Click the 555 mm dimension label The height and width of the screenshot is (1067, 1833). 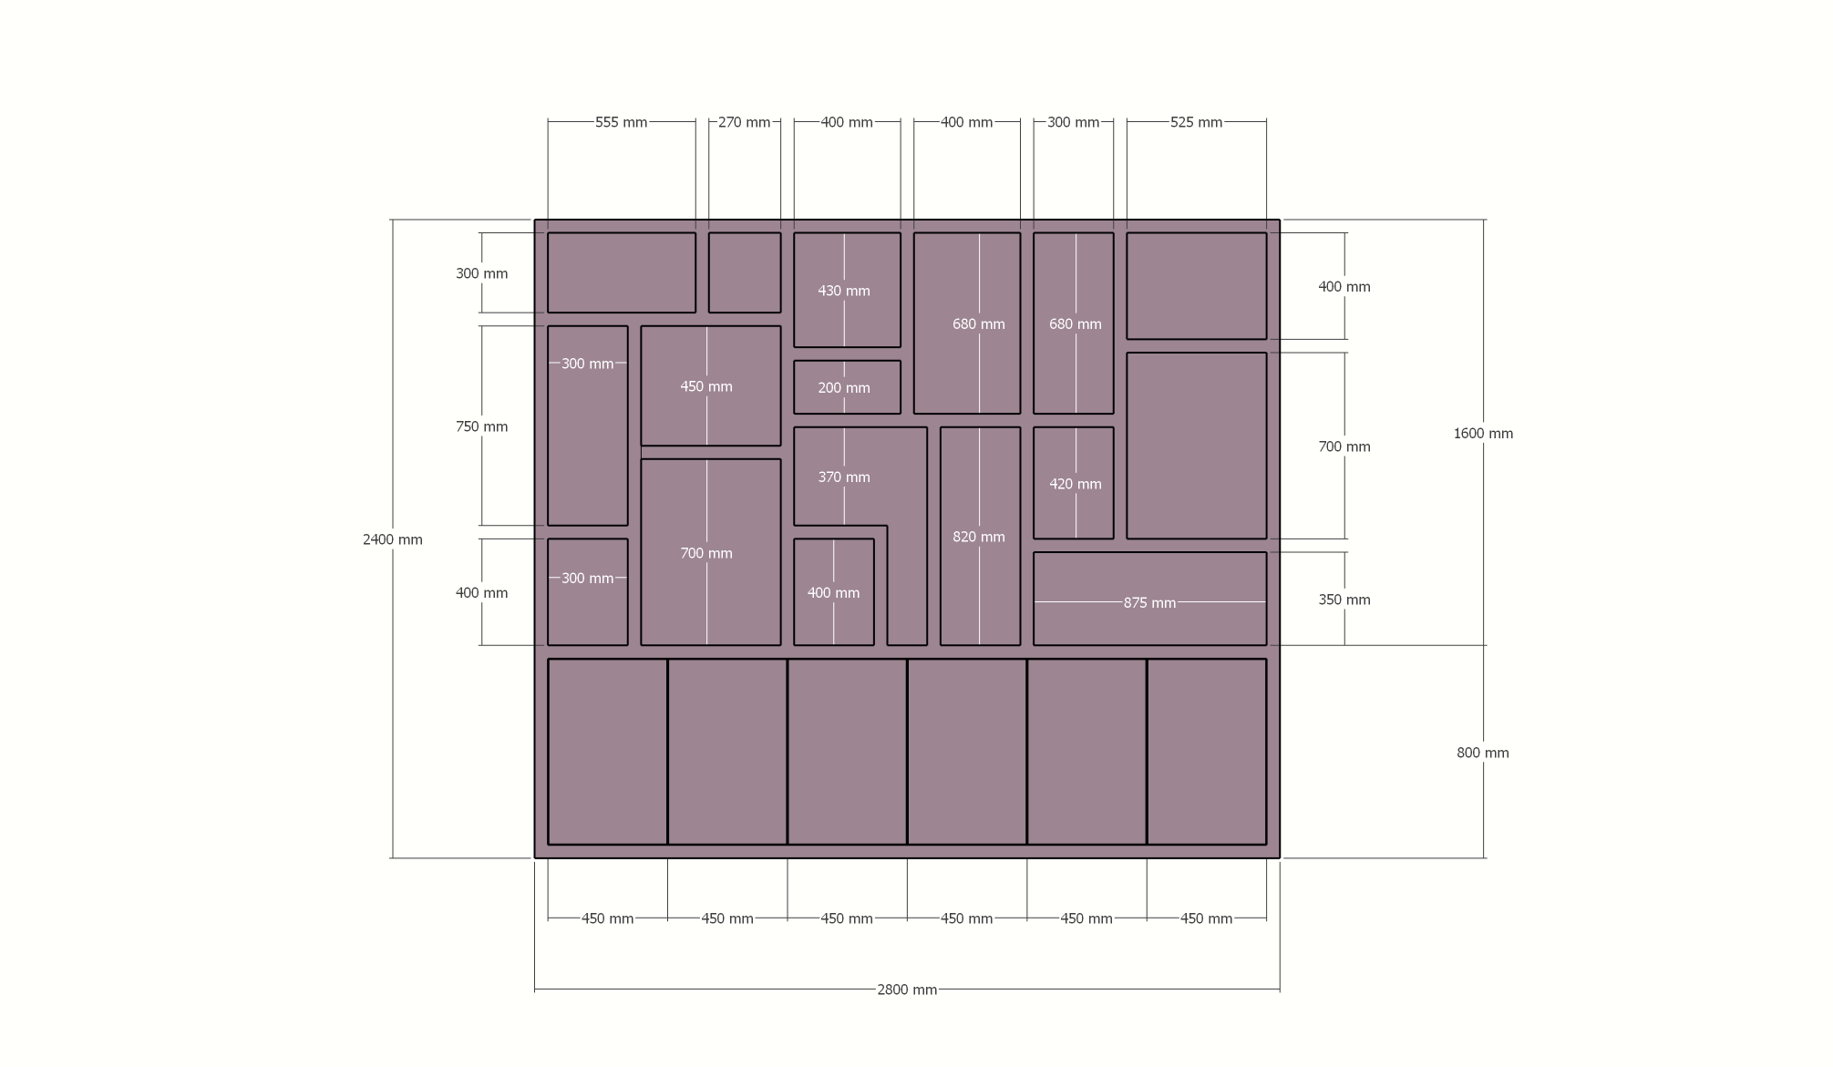pyautogui.click(x=621, y=122)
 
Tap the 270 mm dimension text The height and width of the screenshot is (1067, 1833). pyautogui.click(x=744, y=122)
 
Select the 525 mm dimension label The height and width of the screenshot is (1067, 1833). pyautogui.click(x=1196, y=122)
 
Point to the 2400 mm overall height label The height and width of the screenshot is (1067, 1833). pyautogui.click(x=393, y=539)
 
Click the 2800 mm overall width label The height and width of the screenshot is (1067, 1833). pyautogui.click(x=907, y=990)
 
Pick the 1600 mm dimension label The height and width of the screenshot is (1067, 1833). pyautogui.click(x=1483, y=434)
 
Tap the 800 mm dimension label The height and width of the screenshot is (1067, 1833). pyautogui.click(x=1483, y=753)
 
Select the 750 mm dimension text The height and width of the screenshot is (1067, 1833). pyautogui.click(x=482, y=426)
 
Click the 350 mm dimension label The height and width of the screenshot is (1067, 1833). pyautogui.click(x=1344, y=600)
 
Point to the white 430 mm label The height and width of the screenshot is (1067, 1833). pyautogui.click(x=844, y=291)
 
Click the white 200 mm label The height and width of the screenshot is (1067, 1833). pyautogui.click(x=844, y=388)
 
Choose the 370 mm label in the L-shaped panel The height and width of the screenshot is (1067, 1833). pyautogui.click(x=844, y=477)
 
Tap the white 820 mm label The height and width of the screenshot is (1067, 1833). pyautogui.click(x=979, y=537)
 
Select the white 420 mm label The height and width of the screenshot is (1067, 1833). pyautogui.click(x=1076, y=484)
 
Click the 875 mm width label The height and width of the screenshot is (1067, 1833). pyautogui.click(x=1149, y=603)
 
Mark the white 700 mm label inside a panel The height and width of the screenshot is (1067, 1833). pyautogui.click(x=706, y=553)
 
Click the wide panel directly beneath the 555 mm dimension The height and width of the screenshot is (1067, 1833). pyautogui.click(x=622, y=272)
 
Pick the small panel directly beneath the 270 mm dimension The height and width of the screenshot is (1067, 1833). pyautogui.click(x=745, y=272)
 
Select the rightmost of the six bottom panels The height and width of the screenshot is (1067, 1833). pyautogui.click(x=1207, y=752)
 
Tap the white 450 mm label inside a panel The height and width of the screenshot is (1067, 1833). pyautogui.click(x=706, y=386)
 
